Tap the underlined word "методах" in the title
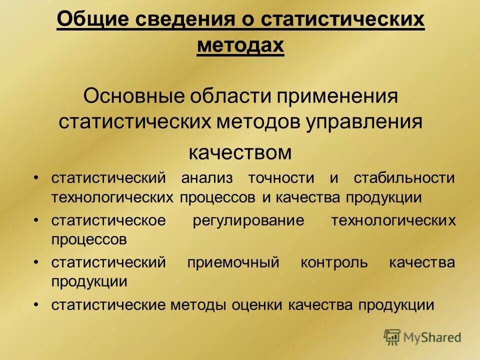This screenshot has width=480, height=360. click(x=240, y=46)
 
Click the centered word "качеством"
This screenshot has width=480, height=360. click(x=240, y=152)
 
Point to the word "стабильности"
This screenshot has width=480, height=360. click(x=404, y=178)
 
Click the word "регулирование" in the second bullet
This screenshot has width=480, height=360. click(x=248, y=220)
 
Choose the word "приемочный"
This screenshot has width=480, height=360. click(x=232, y=262)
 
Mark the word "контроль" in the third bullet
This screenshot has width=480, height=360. click(x=334, y=262)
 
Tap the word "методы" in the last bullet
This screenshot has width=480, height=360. click(x=198, y=305)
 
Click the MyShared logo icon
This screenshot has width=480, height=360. click(x=392, y=337)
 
